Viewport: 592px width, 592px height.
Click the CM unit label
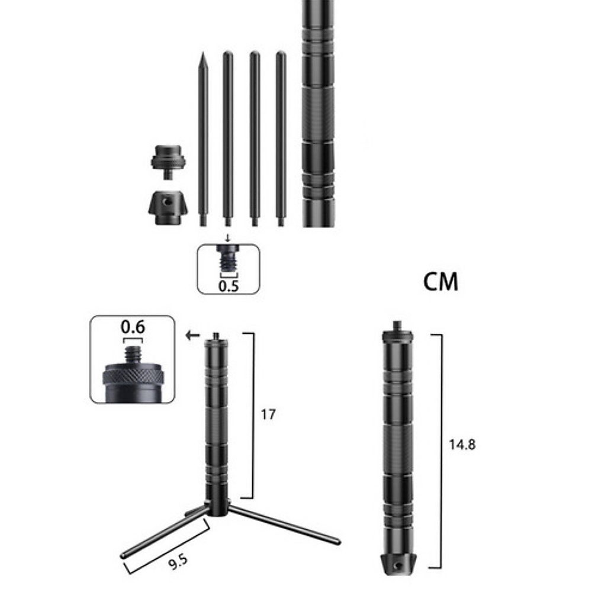tap(441, 282)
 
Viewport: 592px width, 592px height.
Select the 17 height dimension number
tap(268, 414)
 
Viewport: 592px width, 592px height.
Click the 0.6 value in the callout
tap(133, 327)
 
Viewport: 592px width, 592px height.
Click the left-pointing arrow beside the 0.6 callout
tap(191, 336)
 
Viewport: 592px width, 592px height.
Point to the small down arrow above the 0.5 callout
tap(228, 238)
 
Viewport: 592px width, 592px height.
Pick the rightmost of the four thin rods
tap(281, 139)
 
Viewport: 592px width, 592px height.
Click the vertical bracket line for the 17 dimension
tap(253, 414)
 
